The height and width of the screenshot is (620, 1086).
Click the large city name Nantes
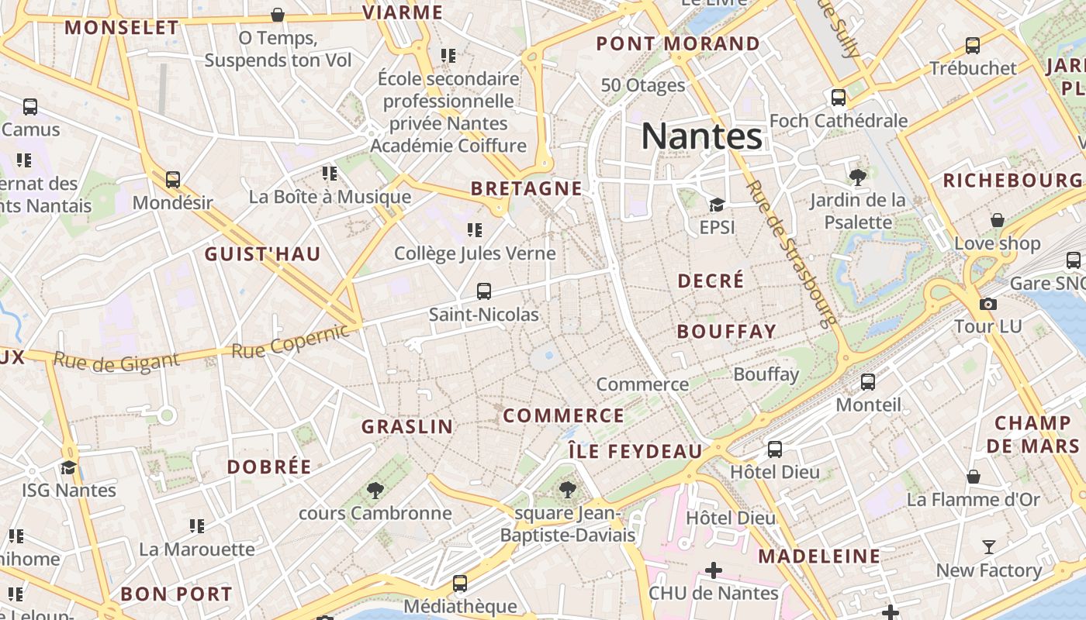click(702, 136)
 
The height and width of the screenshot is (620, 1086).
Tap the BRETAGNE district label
click(527, 188)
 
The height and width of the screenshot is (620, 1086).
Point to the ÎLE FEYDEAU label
click(635, 451)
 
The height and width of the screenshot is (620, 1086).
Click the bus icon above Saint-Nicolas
click(484, 291)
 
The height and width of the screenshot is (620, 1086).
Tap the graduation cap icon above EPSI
click(717, 205)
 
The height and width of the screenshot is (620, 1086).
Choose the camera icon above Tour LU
click(988, 304)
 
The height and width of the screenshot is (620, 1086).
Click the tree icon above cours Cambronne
click(375, 490)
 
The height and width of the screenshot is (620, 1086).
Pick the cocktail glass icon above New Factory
click(988, 547)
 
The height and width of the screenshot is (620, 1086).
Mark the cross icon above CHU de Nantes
click(713, 571)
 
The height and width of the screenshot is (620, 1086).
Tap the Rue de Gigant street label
click(116, 361)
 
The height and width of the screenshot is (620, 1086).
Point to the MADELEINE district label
click(819, 556)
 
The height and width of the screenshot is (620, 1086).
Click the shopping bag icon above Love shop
click(998, 220)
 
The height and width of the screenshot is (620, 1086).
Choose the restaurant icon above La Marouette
click(197, 526)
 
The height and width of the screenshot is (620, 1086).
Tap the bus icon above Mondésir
click(173, 180)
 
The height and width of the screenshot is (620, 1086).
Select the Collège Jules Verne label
click(475, 253)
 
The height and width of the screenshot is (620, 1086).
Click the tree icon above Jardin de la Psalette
click(858, 177)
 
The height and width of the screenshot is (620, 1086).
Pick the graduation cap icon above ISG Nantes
click(69, 467)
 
